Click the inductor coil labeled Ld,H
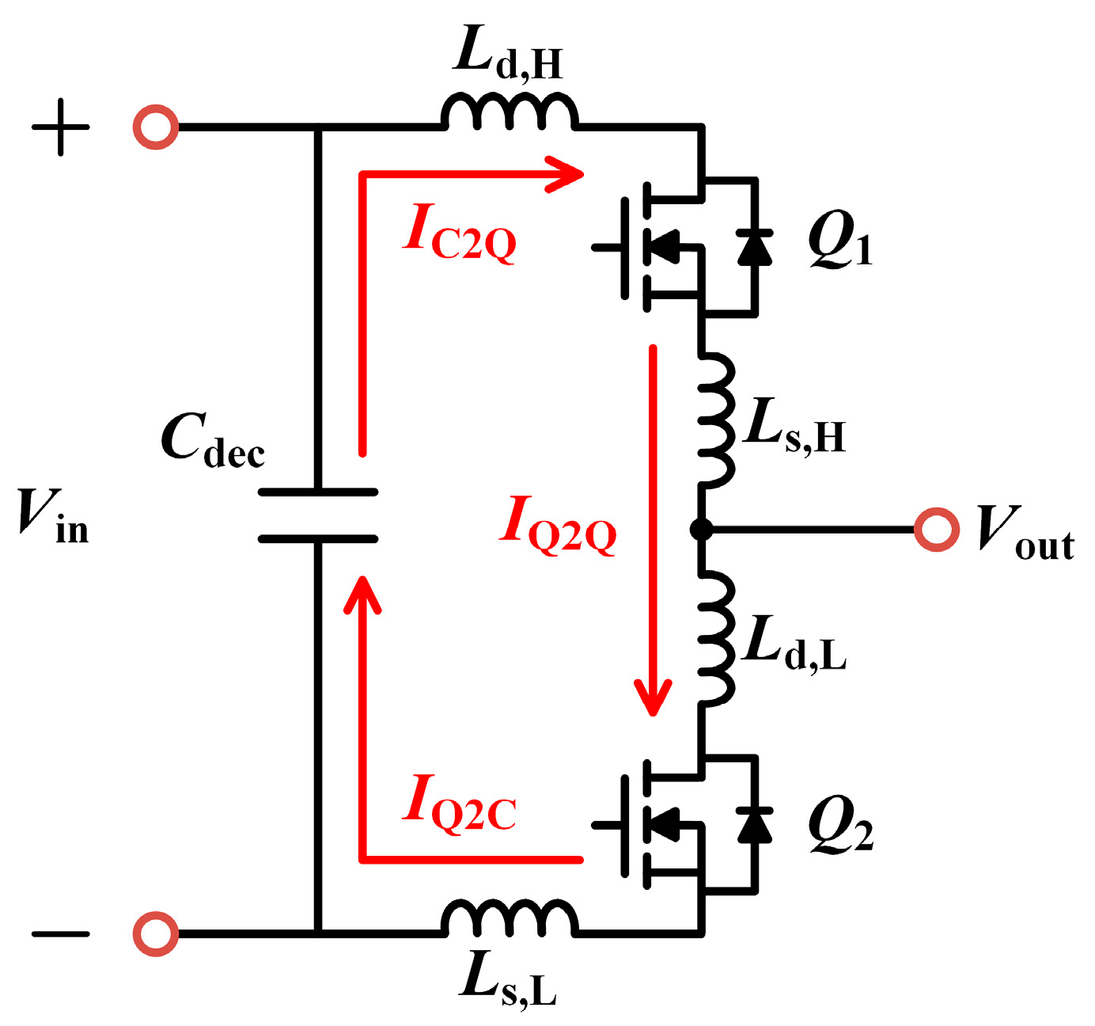510,113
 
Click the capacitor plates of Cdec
318,515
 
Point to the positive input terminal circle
156,127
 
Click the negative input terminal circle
156,933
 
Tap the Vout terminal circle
937,529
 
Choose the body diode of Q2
755,824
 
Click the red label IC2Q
459,234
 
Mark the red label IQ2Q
558,526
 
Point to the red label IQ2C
459,804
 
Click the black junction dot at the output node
701,529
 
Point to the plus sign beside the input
60,127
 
